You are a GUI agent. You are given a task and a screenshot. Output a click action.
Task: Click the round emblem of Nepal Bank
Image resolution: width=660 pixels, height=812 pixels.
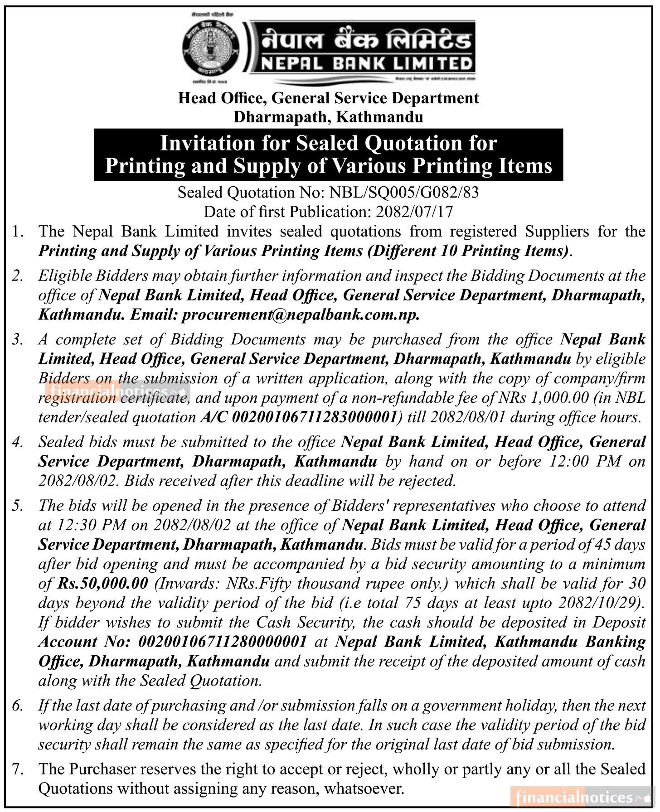click(211, 51)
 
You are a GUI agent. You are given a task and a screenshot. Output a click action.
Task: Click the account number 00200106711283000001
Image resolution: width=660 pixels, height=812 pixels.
click(314, 417)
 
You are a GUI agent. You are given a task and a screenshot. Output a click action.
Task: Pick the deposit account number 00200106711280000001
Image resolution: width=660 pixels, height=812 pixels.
click(223, 642)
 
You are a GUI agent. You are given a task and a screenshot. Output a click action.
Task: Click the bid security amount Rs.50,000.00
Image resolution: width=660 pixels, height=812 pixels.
click(103, 583)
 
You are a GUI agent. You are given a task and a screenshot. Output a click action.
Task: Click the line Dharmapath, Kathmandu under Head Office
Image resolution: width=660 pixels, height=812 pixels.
click(328, 117)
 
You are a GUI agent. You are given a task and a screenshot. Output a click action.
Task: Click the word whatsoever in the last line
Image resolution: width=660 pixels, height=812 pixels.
click(364, 788)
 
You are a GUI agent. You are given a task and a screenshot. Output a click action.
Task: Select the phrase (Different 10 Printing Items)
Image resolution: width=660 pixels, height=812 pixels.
click(469, 251)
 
